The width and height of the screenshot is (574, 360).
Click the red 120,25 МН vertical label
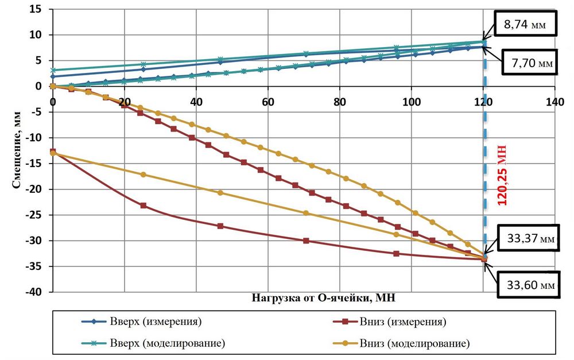[x=501, y=171]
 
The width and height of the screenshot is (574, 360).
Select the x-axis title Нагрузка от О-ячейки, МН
[x=324, y=298]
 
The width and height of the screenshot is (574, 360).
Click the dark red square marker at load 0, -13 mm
[x=53, y=152]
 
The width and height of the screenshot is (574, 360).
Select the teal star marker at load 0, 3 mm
[x=53, y=70]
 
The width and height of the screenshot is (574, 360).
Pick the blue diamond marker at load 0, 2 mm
[x=53, y=76]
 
